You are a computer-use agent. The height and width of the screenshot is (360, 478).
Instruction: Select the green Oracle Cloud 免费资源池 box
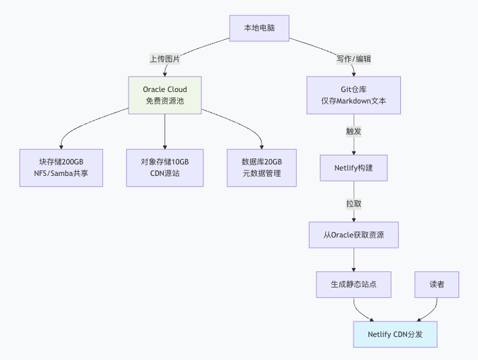coord(165,95)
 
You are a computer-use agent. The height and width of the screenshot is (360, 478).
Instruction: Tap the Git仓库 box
coord(354,95)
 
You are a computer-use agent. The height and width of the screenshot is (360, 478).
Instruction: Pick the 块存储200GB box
coord(61,167)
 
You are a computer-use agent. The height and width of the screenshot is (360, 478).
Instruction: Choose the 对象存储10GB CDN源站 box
coord(165,167)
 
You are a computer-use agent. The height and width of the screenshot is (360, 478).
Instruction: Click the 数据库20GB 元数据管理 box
coord(262,167)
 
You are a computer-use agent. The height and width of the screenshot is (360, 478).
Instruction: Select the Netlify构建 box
coord(354,167)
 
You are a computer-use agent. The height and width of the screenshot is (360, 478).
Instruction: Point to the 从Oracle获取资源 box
coord(354,234)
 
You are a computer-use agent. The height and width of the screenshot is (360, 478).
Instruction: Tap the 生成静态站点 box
coord(354,284)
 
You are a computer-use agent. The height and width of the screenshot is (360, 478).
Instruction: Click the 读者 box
coord(437,284)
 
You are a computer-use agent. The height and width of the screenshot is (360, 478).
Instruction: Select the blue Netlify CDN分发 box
coord(396,334)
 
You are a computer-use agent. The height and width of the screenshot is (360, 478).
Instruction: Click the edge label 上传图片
coord(165,59)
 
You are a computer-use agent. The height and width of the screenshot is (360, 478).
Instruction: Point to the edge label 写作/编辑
coord(353,59)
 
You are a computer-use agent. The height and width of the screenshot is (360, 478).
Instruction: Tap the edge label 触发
coord(354,131)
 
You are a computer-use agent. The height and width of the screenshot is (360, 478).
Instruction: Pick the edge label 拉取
coord(354,203)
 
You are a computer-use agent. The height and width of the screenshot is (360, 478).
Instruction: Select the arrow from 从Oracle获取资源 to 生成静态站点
coord(354,259)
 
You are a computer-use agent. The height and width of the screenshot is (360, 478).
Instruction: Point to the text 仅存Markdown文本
coord(354,102)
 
